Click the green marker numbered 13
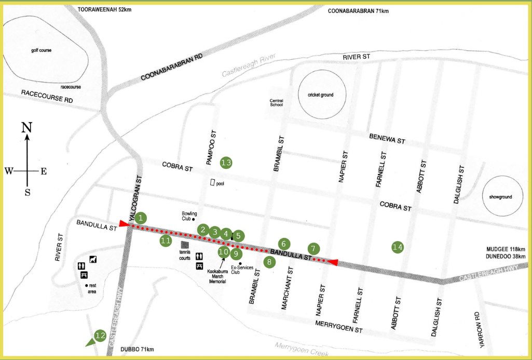point(226,163)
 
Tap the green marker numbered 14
point(398,247)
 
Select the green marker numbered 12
point(100,336)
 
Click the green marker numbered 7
point(314,248)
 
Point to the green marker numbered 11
point(166,241)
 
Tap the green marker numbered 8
point(269,262)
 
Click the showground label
point(500,197)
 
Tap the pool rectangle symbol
point(212,183)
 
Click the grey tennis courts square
point(184,244)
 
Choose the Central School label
point(276,102)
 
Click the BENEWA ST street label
point(387,139)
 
